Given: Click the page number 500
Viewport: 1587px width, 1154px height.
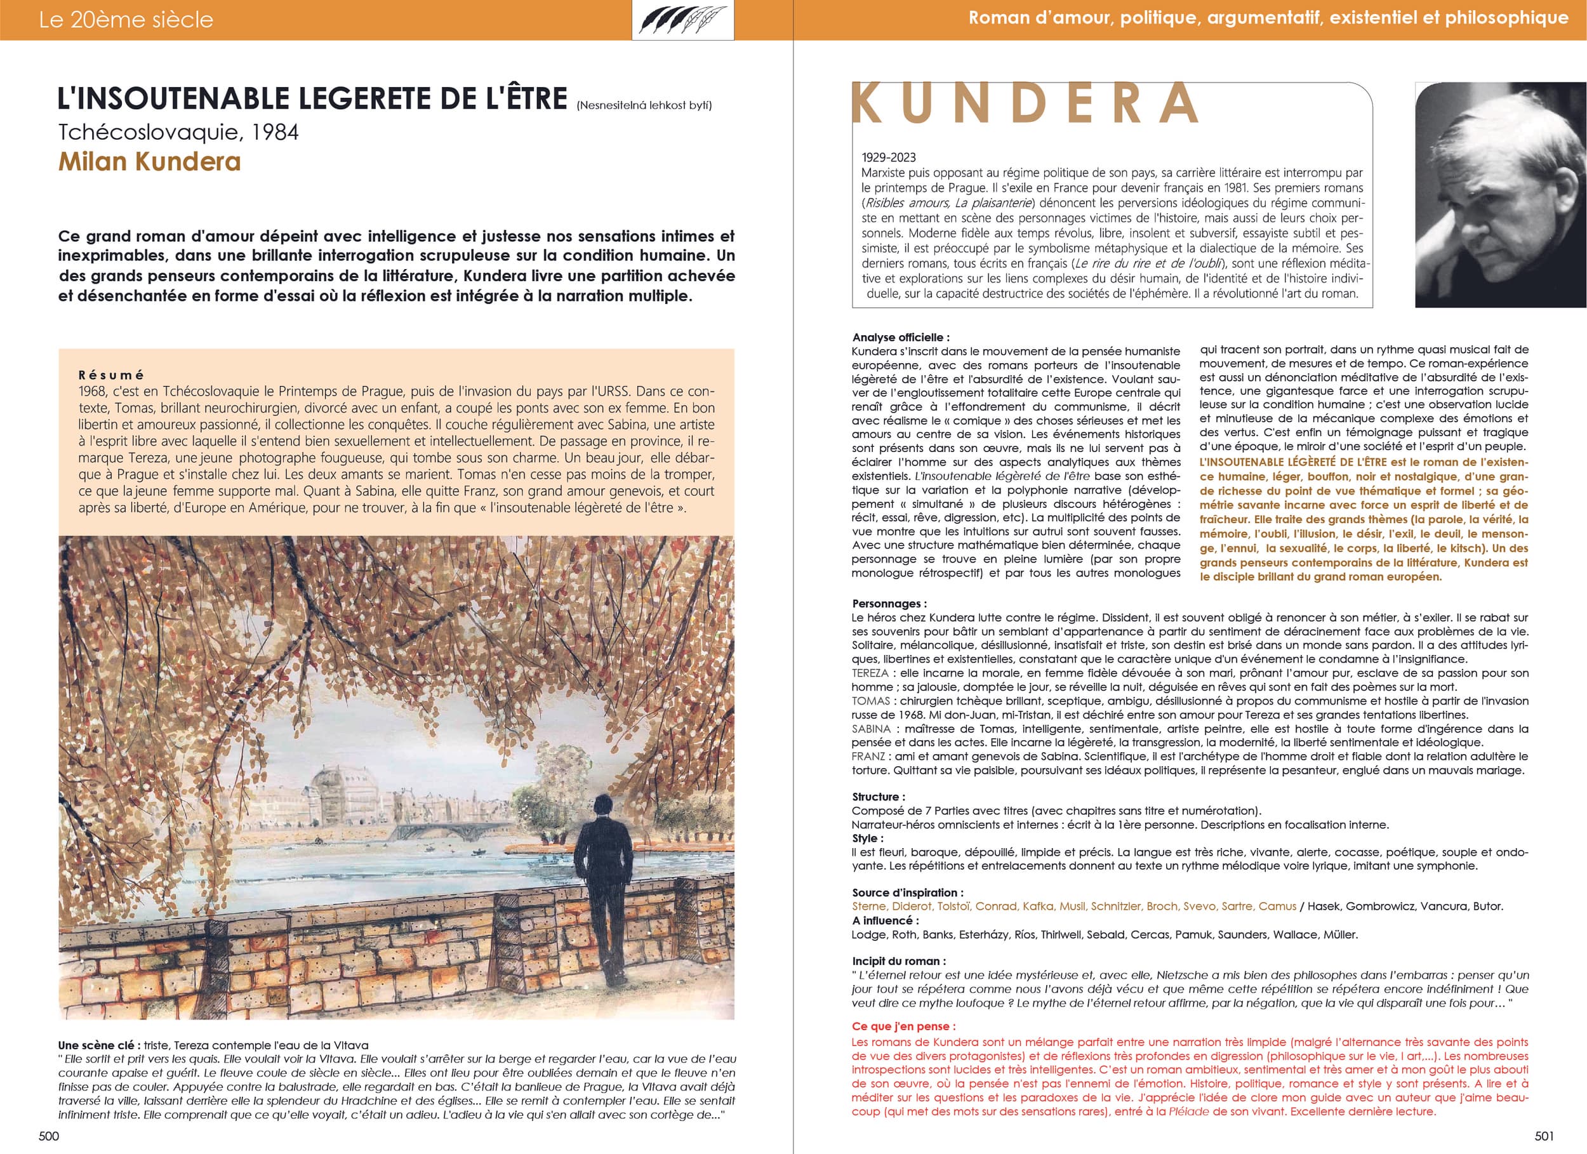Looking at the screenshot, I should pyautogui.click(x=48, y=1136).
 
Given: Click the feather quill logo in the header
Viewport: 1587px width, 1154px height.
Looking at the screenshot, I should pyautogui.click(x=683, y=20).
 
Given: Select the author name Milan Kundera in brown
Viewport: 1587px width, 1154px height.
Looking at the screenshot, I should pyautogui.click(x=150, y=162).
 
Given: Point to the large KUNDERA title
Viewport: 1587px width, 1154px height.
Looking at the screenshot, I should pyautogui.click(x=1025, y=103).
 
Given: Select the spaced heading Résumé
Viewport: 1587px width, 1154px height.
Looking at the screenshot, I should pyautogui.click(x=111, y=375).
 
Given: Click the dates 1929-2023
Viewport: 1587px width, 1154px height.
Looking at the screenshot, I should pyautogui.click(x=889, y=157).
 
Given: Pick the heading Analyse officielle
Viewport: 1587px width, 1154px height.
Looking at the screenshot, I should pyautogui.click(x=901, y=337).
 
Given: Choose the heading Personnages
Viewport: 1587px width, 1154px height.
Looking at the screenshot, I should pyautogui.click(x=889, y=603).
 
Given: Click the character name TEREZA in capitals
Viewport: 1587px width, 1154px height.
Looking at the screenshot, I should pyautogui.click(x=870, y=673).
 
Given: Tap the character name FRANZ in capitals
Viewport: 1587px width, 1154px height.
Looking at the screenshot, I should pyautogui.click(x=868, y=757).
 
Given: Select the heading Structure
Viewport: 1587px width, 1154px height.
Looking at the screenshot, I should pyautogui.click(x=878, y=797).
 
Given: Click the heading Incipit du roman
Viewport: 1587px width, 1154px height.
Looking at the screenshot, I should pyautogui.click(x=898, y=961).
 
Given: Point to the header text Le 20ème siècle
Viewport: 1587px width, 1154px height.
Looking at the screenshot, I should pyautogui.click(x=126, y=20).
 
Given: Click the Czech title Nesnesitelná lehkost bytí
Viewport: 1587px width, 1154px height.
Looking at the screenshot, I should pyautogui.click(x=644, y=105).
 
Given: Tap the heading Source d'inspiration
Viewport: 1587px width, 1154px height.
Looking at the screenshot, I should pyautogui.click(x=908, y=892).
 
